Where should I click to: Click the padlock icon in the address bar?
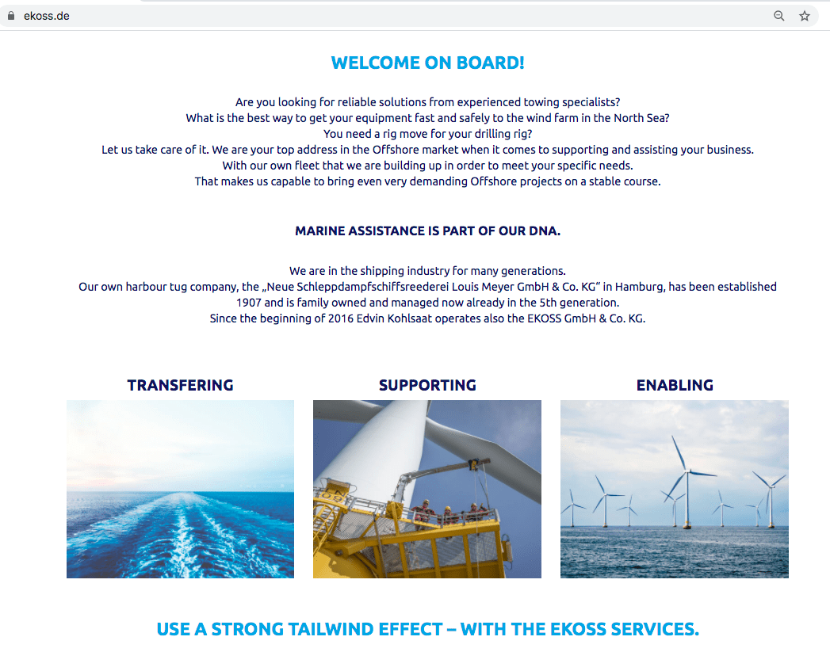pyautogui.click(x=10, y=16)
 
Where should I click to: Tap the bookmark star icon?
pyautogui.click(x=805, y=16)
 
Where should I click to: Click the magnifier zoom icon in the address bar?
pyautogui.click(x=779, y=16)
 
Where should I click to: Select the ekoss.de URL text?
pyautogui.click(x=47, y=17)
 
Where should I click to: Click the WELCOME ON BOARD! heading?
pyautogui.click(x=428, y=63)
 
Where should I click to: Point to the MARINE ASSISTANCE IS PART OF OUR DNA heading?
pyautogui.click(x=428, y=231)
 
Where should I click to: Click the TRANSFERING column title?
pyautogui.click(x=181, y=385)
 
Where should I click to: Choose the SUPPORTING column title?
pyautogui.click(x=428, y=385)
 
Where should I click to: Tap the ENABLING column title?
pyautogui.click(x=675, y=385)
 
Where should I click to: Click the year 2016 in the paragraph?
pyautogui.click(x=341, y=318)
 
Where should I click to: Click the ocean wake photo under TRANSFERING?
pyautogui.click(x=181, y=489)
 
